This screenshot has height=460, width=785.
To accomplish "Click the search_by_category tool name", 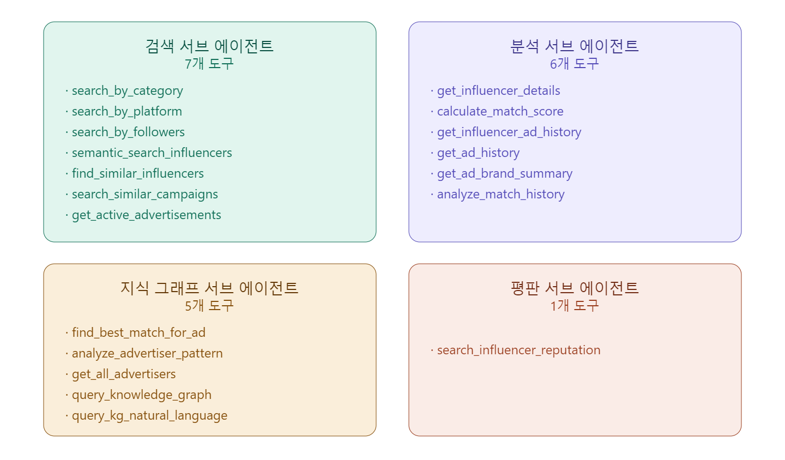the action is coord(127,91).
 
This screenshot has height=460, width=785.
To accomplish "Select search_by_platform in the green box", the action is coord(127,112).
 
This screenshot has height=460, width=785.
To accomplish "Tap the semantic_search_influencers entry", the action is coord(152,153).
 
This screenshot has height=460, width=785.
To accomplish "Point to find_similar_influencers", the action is coord(138,173).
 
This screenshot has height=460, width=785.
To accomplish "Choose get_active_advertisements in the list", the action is coord(147,215).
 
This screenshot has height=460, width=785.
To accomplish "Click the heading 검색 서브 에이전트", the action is coord(209,46).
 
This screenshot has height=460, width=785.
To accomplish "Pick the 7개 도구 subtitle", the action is coord(209,64).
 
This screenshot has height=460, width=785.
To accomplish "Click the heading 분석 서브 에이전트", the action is coord(575,46).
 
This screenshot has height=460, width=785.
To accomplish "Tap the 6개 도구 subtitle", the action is coord(575,64).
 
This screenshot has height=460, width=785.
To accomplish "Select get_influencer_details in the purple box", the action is coord(499,90).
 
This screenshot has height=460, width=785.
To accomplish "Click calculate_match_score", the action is coord(500,111).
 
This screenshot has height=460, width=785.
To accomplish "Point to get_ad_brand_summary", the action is coord(505,174).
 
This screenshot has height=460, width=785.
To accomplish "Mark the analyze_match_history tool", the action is coord(501,195).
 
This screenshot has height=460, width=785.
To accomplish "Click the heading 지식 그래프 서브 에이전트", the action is coord(209,288).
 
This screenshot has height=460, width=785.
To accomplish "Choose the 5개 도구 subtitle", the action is coord(209,306).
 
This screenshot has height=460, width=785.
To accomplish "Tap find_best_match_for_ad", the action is coord(139,332).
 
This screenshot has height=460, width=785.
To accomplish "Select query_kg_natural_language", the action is coord(149,416).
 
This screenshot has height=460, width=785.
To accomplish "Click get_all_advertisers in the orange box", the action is coord(124,374).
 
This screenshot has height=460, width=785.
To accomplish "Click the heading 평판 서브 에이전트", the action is coord(575,288).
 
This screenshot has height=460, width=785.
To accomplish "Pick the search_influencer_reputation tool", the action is coord(518,350).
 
